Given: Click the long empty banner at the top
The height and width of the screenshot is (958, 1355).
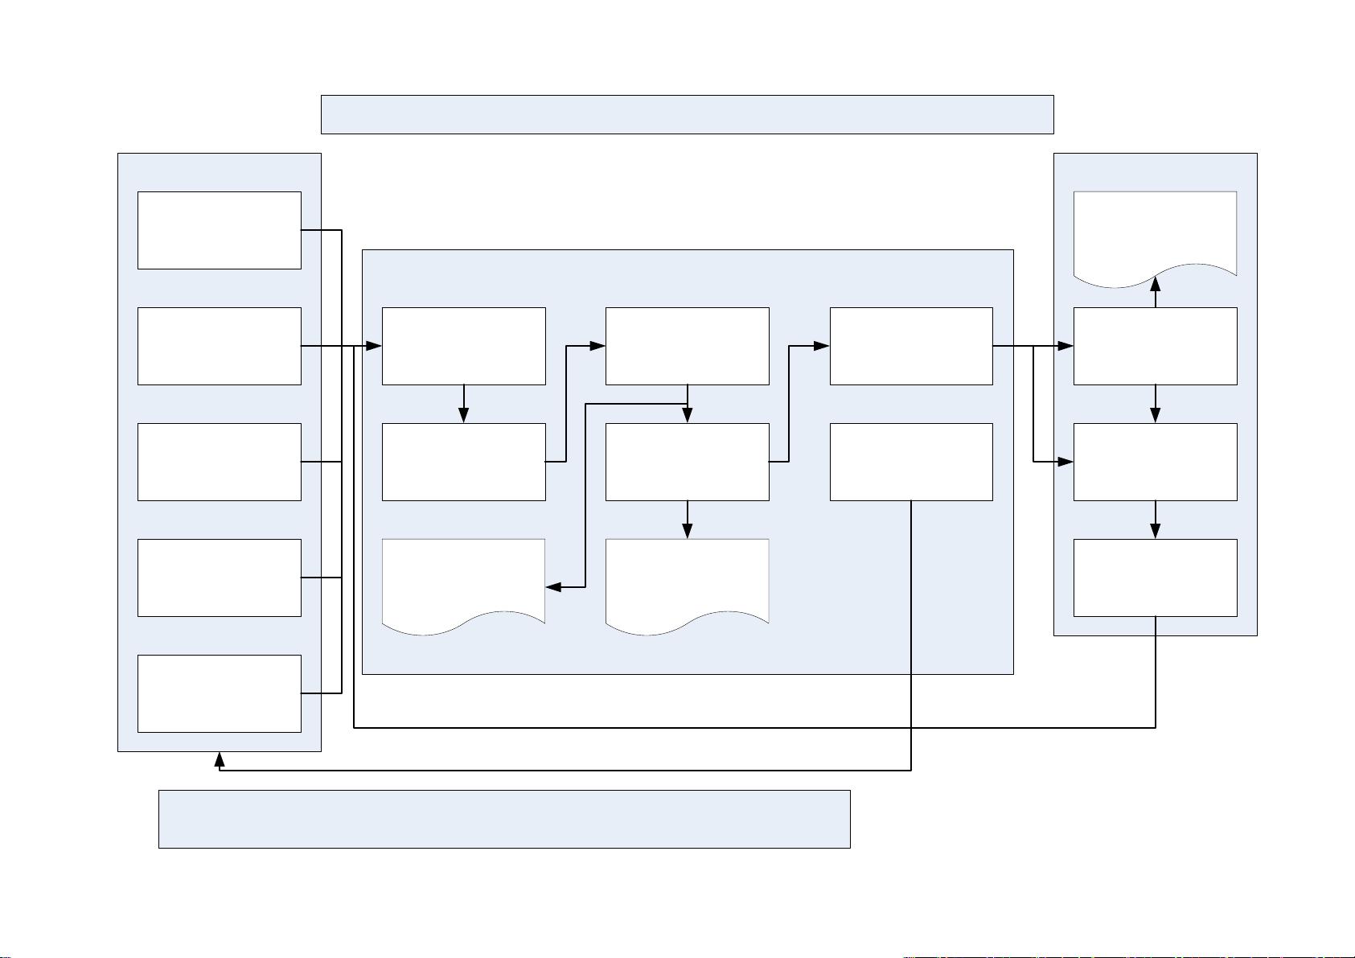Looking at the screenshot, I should pos(687,114).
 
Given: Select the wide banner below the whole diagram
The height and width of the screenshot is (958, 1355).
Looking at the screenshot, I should pos(504,819).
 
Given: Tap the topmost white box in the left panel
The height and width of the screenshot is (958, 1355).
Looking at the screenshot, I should pos(220,230).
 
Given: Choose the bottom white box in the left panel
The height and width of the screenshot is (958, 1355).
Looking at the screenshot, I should pos(220,693).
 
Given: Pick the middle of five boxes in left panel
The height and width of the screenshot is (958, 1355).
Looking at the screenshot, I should pos(220,462).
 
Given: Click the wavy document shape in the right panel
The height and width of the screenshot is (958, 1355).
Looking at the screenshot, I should pos(1156,235).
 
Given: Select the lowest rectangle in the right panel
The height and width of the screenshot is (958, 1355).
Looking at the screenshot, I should pos(1156,578).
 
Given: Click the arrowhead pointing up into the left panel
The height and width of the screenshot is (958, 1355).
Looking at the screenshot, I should pos(220,759).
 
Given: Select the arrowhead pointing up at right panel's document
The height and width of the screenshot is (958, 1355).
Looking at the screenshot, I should pos(1156,283).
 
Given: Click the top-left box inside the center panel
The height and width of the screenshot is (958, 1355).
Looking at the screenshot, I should pos(464,346).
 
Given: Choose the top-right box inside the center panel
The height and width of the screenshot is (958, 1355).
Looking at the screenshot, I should pos(911,346).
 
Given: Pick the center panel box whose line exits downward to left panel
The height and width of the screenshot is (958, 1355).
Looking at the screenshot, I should pos(911,462).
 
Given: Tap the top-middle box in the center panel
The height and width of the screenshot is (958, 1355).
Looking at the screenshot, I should pos(688,346).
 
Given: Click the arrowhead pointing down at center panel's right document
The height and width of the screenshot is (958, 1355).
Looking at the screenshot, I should pos(688,530).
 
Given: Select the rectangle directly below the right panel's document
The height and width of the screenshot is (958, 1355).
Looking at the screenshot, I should pos(1156,346).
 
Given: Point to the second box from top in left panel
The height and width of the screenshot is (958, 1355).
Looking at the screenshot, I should pos(220,346).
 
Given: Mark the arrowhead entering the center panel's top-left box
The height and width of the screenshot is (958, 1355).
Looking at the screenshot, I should pos(373,346).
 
